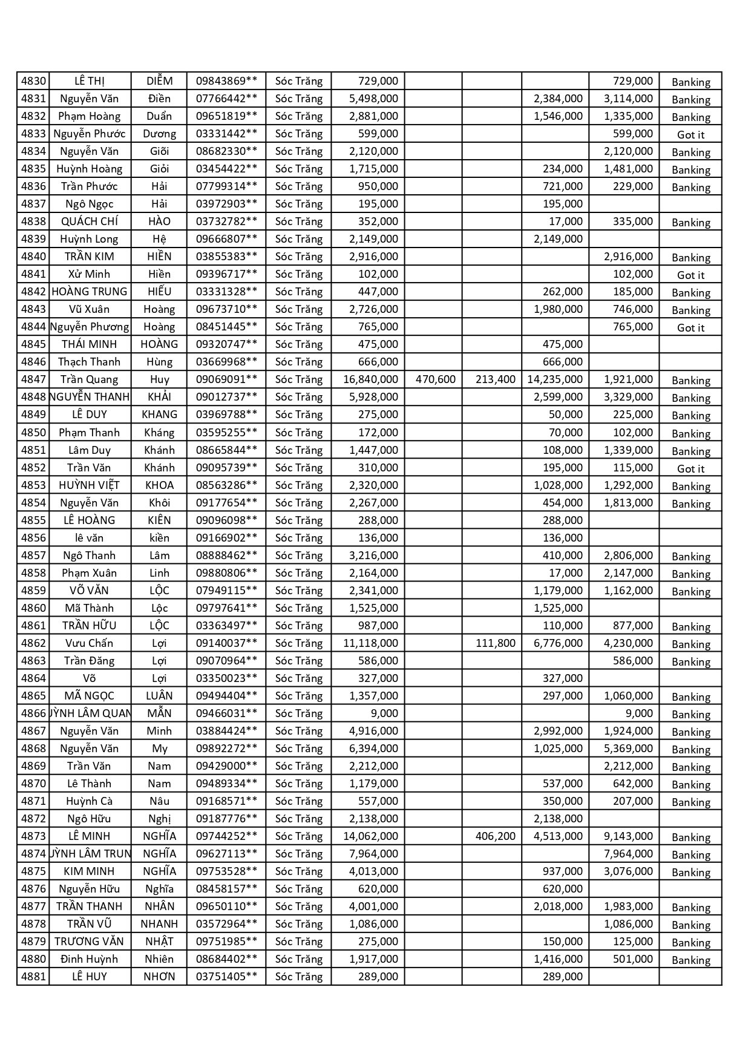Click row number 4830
point(33,81)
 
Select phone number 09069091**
point(226,379)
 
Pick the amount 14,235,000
point(555,379)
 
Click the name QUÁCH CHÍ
point(90,221)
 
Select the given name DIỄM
point(159,81)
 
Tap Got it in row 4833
point(690,135)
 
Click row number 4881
point(33,977)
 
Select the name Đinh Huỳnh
point(90,959)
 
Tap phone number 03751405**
point(226,977)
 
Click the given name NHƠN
point(159,977)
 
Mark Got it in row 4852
point(690,469)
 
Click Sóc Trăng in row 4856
point(299,538)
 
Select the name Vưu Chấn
point(90,643)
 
